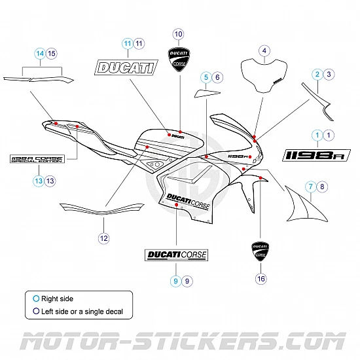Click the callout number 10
[179, 33]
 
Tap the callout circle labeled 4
[264, 50]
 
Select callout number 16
[261, 279]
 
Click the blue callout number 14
[40, 53]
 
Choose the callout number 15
[52, 53]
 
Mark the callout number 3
[329, 74]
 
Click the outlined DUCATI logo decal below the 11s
[127, 67]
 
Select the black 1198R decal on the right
[317, 154]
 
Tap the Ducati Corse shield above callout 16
[260, 252]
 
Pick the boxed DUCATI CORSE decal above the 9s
[176, 254]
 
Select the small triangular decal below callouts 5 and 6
[205, 92]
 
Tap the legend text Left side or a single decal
[82, 311]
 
